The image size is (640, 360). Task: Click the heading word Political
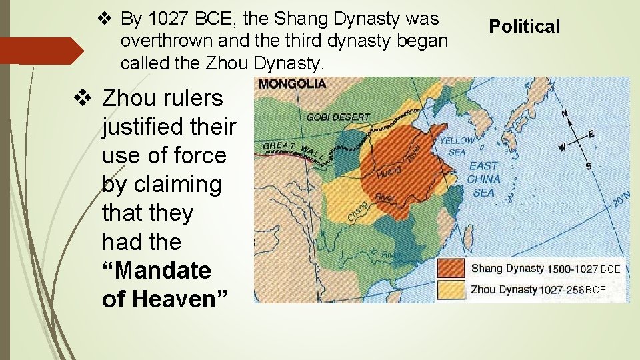click(x=525, y=27)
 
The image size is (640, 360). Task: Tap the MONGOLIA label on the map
click(x=292, y=84)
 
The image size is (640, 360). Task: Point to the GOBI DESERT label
click(x=338, y=117)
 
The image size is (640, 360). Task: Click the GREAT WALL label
click(x=294, y=151)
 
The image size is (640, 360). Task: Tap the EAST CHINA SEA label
click(x=484, y=179)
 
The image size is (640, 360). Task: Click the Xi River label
click(x=385, y=253)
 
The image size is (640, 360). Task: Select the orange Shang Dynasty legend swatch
click(x=451, y=269)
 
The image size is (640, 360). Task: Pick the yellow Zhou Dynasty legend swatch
click(x=451, y=290)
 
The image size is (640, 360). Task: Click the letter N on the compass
click(x=565, y=113)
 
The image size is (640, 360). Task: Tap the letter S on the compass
click(x=588, y=165)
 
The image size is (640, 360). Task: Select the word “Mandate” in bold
click(x=156, y=271)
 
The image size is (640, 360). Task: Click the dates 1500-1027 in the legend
click(x=571, y=269)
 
